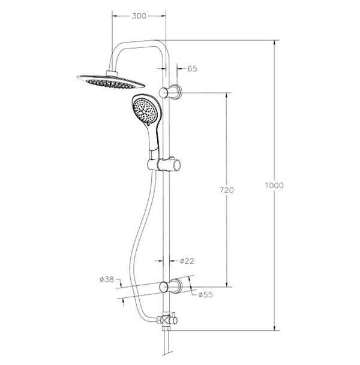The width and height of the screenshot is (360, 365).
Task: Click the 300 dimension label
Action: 139,16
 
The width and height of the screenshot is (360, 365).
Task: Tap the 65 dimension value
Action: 192,69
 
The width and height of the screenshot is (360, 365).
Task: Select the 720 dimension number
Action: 226,190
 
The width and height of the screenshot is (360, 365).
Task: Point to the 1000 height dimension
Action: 274,185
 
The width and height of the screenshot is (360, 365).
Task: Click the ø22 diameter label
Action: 187,261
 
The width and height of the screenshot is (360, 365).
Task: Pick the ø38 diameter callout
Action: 106,279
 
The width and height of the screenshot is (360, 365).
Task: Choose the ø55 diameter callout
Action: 206,295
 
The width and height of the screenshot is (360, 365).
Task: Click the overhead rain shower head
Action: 110,82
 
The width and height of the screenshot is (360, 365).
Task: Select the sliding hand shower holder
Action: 164,165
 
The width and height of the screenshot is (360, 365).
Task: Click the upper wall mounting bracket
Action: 170,92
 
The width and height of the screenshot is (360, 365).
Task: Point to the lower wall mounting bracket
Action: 170,286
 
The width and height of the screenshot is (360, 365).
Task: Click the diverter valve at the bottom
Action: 167,320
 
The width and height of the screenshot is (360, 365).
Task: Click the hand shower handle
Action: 154,140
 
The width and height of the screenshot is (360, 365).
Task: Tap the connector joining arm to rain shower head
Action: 112,73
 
